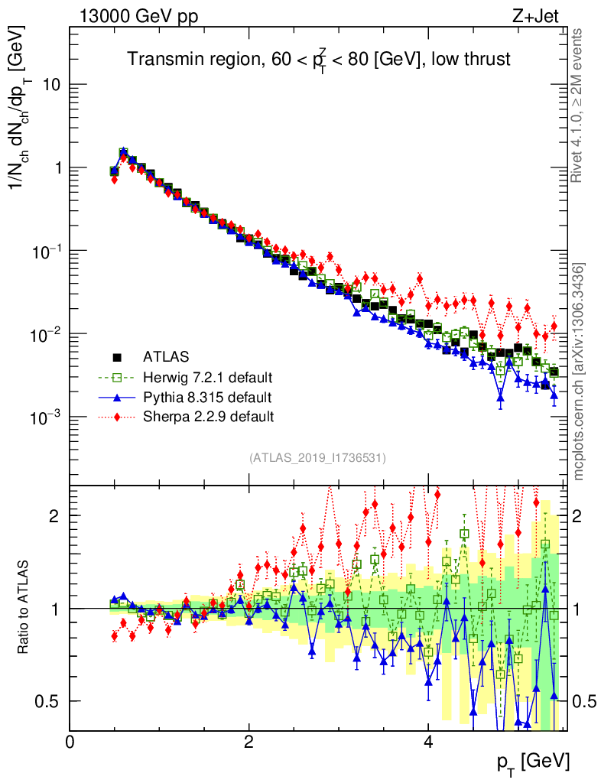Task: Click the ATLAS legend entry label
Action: pos(167,356)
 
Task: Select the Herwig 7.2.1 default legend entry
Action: pos(208,377)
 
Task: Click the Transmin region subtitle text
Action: pos(318,60)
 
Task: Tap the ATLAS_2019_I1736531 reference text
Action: pos(317,458)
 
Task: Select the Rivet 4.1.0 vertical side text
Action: pos(578,106)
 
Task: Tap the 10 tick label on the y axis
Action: pos(51,85)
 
